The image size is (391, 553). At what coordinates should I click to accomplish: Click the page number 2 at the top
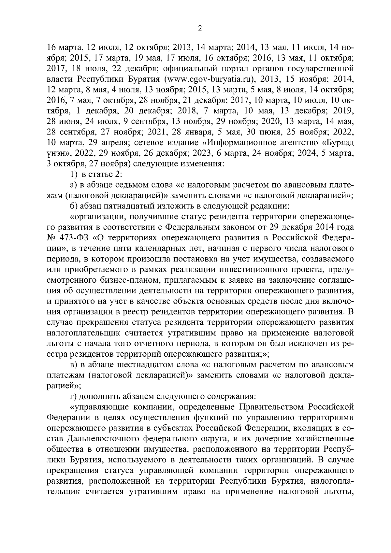coord(200,29)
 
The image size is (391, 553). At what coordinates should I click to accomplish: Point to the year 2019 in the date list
coord(344,111)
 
